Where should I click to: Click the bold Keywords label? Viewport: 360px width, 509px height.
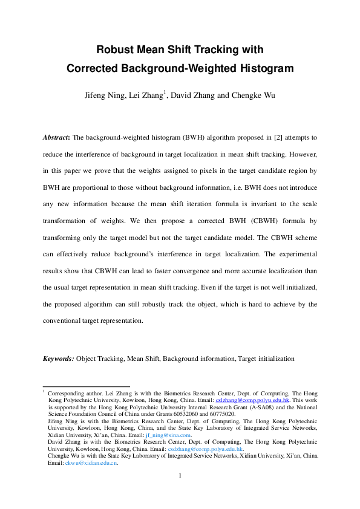(x=58, y=358)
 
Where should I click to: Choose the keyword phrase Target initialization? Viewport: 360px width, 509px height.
(x=266, y=358)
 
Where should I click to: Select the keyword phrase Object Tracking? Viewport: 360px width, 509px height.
(x=100, y=358)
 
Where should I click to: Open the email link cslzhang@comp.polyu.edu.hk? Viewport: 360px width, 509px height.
(x=248, y=400)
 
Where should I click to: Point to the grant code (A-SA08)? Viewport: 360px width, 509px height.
(x=249, y=407)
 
